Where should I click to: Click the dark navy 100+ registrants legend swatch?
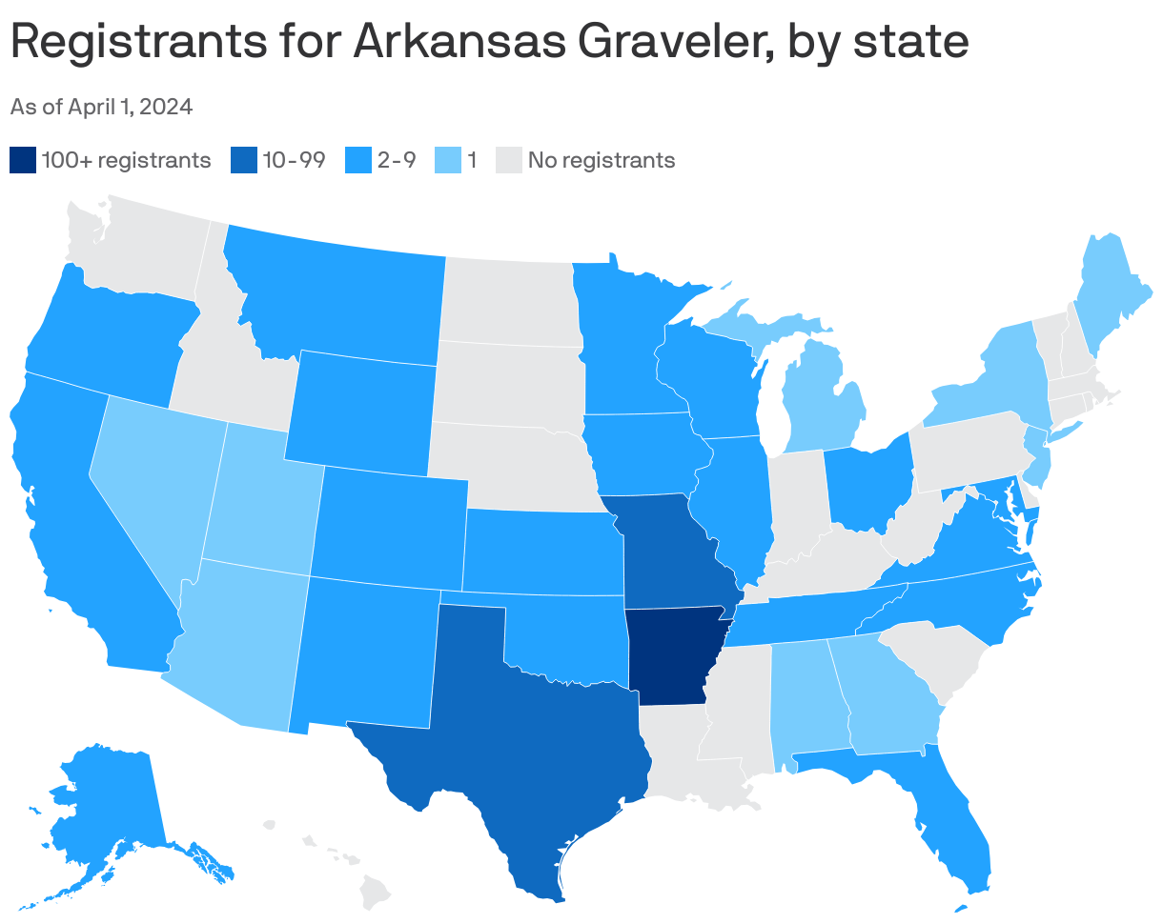23,160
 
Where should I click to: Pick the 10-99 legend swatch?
244,160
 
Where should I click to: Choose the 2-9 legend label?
396,160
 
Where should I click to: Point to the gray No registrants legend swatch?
509,160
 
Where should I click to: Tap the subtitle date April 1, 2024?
133,107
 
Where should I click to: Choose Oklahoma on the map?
562,638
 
